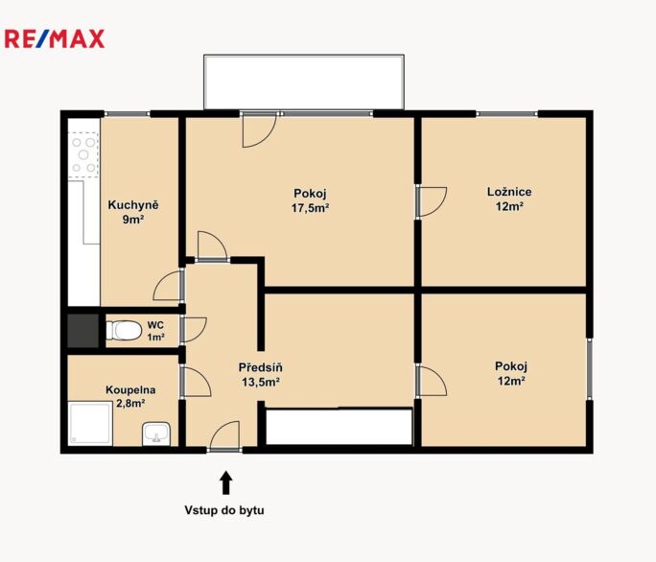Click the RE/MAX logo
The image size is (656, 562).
(55, 39)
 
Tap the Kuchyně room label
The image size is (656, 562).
(133, 205)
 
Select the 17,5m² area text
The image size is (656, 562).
(310, 208)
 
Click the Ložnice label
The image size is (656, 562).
(509, 192)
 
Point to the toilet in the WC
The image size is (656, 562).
(124, 330)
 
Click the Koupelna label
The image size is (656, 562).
(130, 390)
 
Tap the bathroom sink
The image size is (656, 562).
(156, 433)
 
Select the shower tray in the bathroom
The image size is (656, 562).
(90, 423)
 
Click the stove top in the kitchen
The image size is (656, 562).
(83, 154)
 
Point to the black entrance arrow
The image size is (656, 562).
(226, 483)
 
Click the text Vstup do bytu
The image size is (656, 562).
(224, 510)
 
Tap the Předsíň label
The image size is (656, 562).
(260, 367)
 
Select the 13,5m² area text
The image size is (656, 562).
(261, 382)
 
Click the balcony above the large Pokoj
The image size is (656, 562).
(304, 82)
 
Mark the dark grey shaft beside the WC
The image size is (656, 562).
(83, 331)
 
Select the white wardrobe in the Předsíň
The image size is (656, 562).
(339, 427)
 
